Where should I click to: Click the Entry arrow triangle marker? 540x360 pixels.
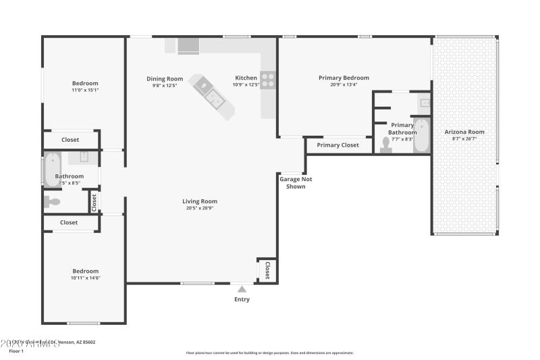click(x=242, y=289)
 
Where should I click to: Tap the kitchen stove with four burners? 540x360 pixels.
click(x=268, y=80)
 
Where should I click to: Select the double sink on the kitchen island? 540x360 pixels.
click(x=215, y=99)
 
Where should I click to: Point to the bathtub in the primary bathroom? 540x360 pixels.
click(x=421, y=135)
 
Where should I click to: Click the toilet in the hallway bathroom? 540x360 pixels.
click(x=52, y=201)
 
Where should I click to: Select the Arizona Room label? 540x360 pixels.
click(x=464, y=132)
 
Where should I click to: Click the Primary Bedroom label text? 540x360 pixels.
click(x=344, y=78)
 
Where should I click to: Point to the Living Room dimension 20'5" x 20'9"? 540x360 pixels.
click(x=200, y=208)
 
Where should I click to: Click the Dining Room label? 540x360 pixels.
click(x=165, y=79)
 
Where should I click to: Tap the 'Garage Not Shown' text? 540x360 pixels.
click(x=296, y=182)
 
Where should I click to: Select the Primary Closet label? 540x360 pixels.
click(x=337, y=145)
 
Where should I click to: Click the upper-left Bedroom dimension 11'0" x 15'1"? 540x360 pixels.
click(x=86, y=90)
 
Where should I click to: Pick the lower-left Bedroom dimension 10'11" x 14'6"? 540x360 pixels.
click(x=86, y=278)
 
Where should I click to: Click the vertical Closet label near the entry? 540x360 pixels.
click(x=267, y=269)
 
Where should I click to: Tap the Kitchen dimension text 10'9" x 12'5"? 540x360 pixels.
click(x=246, y=85)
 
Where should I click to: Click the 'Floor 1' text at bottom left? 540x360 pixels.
click(x=16, y=351)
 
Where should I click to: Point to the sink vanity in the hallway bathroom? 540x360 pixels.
click(x=84, y=157)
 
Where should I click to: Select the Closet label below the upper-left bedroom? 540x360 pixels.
click(x=70, y=140)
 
